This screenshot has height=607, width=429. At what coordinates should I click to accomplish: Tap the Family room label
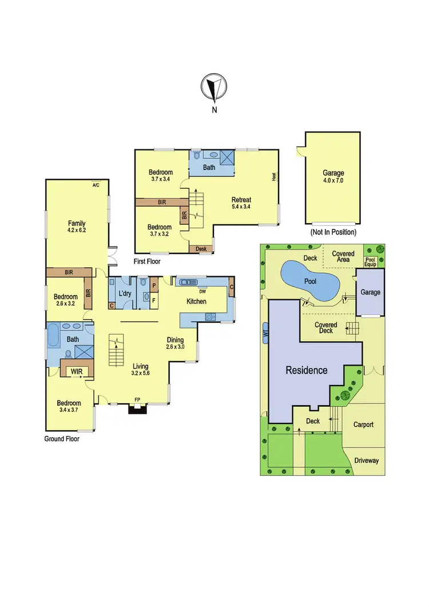point(77,223)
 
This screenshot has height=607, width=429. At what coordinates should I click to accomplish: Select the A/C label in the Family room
point(97,185)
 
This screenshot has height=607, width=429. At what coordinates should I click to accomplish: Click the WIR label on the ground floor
point(76,371)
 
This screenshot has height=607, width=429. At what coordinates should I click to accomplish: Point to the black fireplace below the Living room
point(137,408)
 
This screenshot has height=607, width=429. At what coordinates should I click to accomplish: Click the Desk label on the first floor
point(201,249)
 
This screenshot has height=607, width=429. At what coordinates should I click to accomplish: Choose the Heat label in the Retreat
point(274,177)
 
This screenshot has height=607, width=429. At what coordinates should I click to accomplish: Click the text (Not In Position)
point(333,232)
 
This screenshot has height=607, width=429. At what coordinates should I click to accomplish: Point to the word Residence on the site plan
point(307,370)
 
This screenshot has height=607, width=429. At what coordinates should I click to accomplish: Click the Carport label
point(363,424)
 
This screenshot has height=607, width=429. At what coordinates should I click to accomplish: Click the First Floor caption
point(148,261)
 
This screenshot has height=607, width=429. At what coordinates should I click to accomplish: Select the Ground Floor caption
point(62,439)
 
